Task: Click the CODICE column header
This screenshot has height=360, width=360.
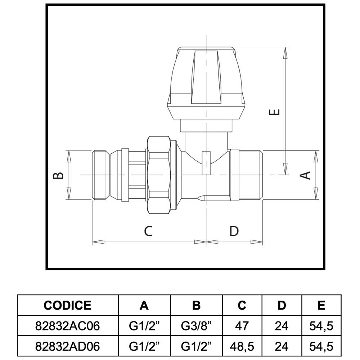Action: (x=68, y=305)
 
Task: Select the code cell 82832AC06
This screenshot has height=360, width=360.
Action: (x=68, y=326)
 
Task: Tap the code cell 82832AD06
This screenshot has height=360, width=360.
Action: (x=68, y=346)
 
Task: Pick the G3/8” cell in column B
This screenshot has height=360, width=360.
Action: (x=196, y=326)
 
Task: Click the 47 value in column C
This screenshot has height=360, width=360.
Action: (x=242, y=326)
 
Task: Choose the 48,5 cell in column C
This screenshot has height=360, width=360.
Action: (x=242, y=346)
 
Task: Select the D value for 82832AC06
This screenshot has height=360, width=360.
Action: (x=282, y=326)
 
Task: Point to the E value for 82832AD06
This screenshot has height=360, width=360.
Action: (x=321, y=346)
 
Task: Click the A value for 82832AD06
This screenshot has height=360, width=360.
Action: (x=144, y=346)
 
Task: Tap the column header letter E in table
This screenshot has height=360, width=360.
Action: (x=321, y=305)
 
